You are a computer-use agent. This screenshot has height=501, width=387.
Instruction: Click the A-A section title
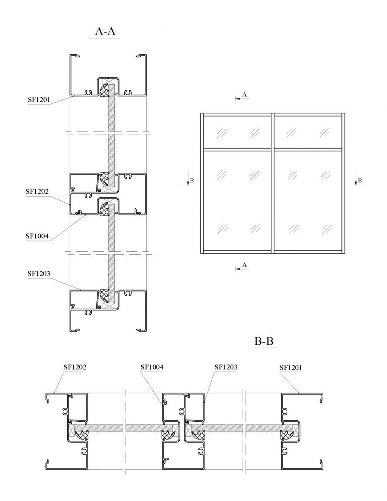[105, 31]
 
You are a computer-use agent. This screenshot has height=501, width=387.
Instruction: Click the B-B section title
[264, 341]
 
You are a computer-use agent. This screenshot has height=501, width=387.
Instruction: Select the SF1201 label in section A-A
[39, 100]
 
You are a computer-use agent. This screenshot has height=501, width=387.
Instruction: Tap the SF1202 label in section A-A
[37, 191]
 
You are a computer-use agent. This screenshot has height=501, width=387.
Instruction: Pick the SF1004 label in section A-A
[37, 236]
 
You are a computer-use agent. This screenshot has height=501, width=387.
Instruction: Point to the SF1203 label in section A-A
[39, 273]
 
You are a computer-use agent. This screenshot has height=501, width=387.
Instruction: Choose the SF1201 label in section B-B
[291, 367]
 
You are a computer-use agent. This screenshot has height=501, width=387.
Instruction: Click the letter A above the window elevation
[245, 94]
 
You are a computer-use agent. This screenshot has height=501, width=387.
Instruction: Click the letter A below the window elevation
[245, 265]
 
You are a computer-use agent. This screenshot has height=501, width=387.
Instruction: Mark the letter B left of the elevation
[192, 180]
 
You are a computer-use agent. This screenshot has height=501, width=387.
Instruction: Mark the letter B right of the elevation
[360, 180]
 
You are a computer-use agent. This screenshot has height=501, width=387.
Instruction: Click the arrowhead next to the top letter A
[237, 99]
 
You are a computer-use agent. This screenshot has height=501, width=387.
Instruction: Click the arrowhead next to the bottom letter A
[237, 269]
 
